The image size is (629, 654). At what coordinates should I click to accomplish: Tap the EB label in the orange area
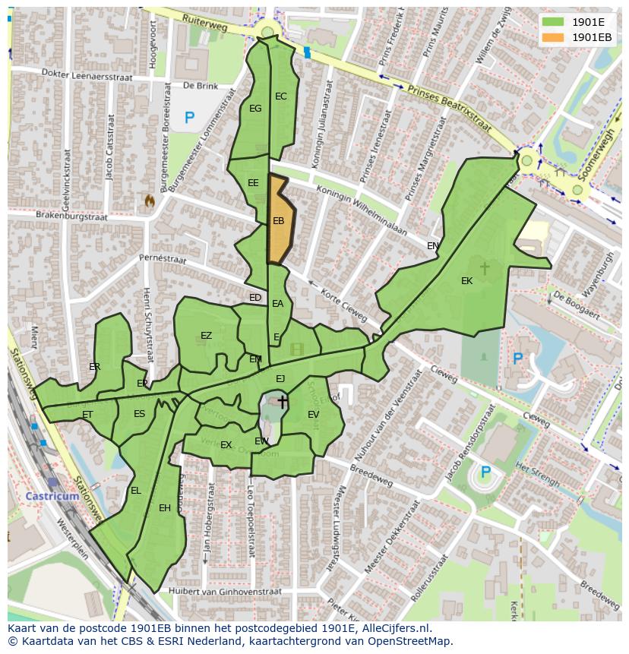click(278, 221)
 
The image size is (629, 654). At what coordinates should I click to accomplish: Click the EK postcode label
click(466, 281)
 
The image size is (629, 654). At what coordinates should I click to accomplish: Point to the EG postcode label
click(255, 109)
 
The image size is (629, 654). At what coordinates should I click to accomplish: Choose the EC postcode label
click(281, 96)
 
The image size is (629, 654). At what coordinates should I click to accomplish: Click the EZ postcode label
click(206, 336)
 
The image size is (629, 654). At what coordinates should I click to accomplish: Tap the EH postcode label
click(165, 508)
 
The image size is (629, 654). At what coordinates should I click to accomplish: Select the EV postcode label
click(313, 414)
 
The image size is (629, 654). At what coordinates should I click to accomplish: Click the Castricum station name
click(52, 496)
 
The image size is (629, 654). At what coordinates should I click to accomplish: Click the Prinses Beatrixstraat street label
click(445, 105)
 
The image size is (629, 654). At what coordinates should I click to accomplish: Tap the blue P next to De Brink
click(189, 118)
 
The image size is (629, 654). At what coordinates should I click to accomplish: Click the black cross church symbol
click(283, 401)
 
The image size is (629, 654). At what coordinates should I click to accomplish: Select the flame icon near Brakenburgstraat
click(149, 201)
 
